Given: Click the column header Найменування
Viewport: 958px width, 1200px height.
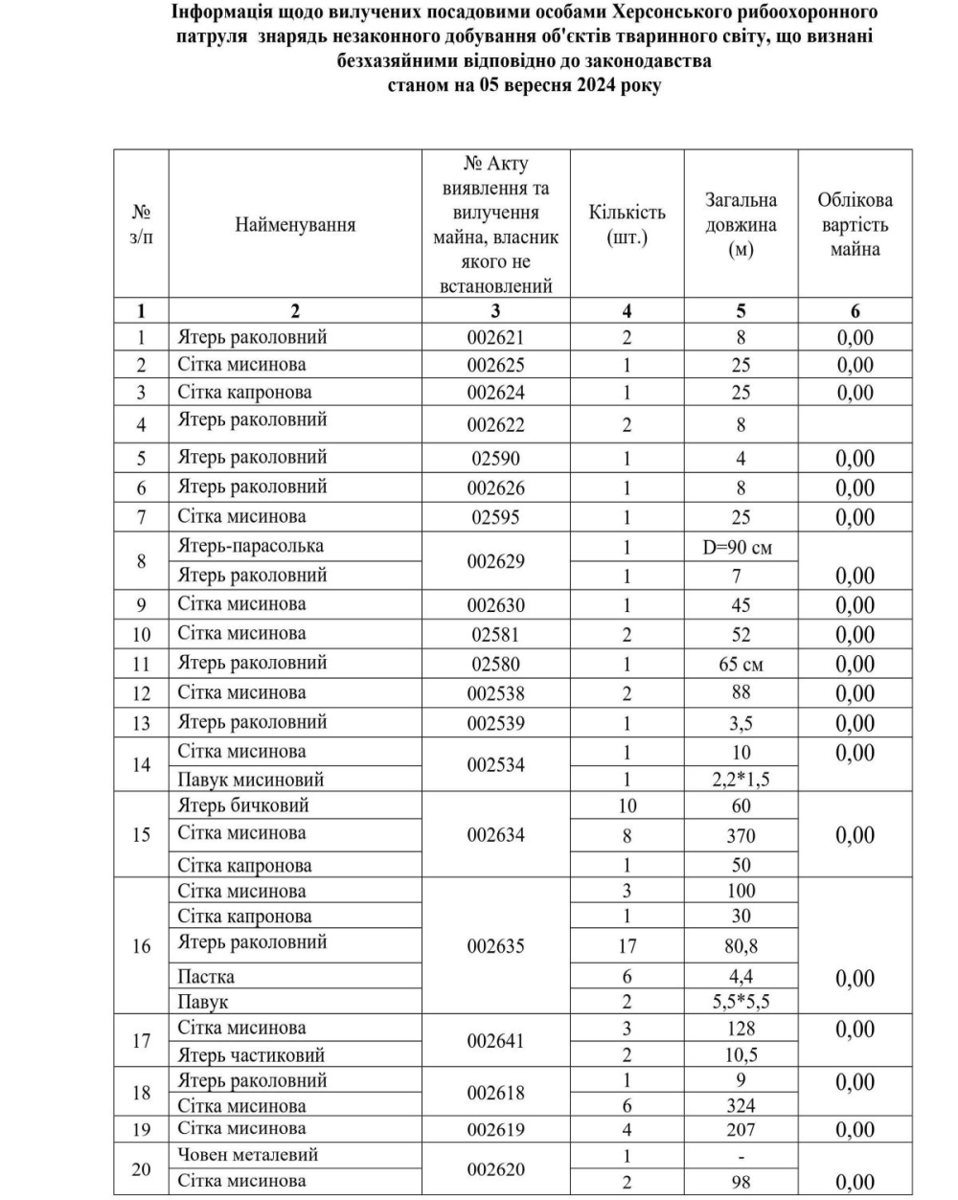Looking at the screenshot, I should tap(295, 225).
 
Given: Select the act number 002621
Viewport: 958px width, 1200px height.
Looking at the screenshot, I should tap(496, 337).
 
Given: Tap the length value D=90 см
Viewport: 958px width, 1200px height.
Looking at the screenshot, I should tap(741, 548).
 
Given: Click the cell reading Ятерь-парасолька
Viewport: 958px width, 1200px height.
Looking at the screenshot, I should tap(251, 546).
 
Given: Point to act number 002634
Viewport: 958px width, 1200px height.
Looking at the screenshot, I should tap(496, 835).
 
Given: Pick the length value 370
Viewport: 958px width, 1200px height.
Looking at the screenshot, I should tap(741, 835).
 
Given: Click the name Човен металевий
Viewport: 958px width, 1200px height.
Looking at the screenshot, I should tap(248, 1154).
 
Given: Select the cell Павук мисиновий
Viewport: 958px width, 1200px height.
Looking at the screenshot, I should tap(251, 780).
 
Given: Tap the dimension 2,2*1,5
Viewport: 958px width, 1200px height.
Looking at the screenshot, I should tap(741, 780).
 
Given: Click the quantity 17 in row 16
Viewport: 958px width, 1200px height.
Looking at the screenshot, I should tap(627, 946).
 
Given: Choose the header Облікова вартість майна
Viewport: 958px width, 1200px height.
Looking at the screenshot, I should tap(855, 225).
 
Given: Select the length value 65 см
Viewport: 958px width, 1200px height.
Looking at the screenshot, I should tap(741, 664).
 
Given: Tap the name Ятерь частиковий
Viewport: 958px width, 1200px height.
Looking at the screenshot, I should tap(251, 1054).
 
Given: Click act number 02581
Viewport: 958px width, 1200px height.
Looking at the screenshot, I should tap(496, 634).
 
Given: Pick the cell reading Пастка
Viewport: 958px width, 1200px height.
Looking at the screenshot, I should tap(206, 977).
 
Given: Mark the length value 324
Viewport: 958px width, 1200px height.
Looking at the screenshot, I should tap(741, 1106).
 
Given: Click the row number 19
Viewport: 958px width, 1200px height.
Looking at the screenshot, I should tap(142, 1130).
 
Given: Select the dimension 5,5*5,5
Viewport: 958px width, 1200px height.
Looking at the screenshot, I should tap(741, 1002).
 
